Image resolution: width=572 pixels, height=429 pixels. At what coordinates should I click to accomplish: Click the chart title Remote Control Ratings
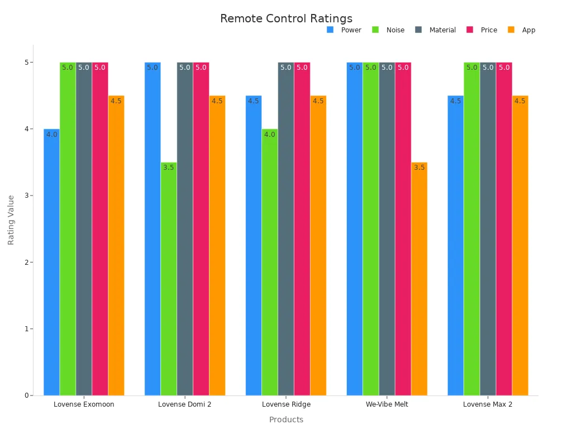tap(286, 18)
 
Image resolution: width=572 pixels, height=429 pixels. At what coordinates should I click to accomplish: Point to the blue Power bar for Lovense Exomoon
tap(51, 262)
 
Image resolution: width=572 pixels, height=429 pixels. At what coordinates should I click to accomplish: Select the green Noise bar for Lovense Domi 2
tap(169, 279)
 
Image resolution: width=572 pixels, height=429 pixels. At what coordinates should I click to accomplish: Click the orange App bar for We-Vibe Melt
tap(419, 279)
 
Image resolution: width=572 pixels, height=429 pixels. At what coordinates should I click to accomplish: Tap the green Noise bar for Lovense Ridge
tap(270, 262)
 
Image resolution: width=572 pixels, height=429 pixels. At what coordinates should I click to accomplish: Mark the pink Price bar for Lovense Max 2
tap(504, 228)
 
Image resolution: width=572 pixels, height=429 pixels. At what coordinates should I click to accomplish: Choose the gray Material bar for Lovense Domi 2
tap(185, 228)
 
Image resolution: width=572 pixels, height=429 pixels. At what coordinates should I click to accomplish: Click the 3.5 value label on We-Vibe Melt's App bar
tap(420, 168)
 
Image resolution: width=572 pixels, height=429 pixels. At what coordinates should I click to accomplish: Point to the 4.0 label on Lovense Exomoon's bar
tap(52, 135)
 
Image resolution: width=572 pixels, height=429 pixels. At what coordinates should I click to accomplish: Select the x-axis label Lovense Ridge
tap(286, 404)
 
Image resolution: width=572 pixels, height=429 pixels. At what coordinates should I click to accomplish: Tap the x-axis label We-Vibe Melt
tap(387, 404)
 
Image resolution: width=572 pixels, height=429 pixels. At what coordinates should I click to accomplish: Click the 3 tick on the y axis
tap(26, 196)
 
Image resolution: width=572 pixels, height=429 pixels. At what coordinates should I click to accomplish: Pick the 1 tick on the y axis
tap(26, 329)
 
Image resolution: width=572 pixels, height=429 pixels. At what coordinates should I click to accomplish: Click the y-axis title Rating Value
tap(11, 220)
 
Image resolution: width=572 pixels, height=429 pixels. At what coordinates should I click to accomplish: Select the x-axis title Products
tap(286, 420)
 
